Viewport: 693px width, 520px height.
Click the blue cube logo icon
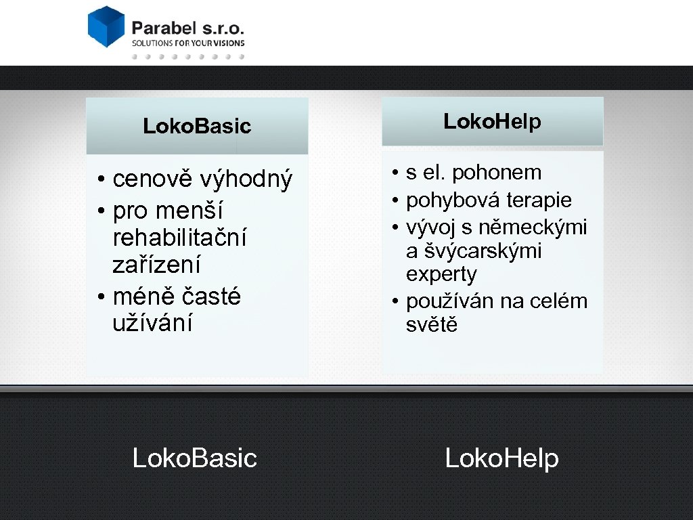(106, 26)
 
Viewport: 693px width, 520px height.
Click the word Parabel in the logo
(163, 28)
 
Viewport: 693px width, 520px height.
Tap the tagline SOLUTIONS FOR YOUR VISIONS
(187, 43)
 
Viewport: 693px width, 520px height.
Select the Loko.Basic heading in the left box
(197, 126)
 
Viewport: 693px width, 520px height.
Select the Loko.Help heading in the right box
(492, 122)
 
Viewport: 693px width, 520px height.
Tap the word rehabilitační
(179, 238)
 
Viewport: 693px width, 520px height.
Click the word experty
(441, 275)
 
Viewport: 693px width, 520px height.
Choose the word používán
(450, 301)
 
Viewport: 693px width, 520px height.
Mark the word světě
(432, 324)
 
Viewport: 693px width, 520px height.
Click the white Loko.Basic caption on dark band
(195, 458)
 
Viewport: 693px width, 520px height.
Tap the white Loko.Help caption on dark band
(501, 458)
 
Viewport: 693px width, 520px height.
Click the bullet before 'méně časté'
(99, 297)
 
